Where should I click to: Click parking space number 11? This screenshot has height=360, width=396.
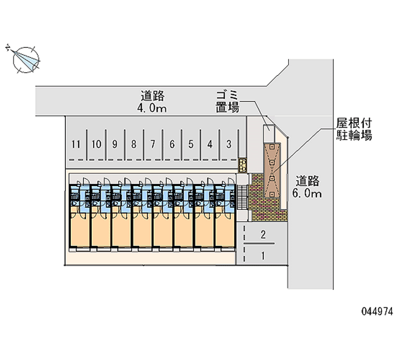click(75, 145)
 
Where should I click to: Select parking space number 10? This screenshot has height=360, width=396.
click(97, 145)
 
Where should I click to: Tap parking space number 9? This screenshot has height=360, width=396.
click(115, 145)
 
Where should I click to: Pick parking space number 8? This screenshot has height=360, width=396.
click(134, 145)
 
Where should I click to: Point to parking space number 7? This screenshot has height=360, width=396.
click(153, 145)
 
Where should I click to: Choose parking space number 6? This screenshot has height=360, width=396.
click(172, 145)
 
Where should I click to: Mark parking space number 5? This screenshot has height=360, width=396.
click(191, 145)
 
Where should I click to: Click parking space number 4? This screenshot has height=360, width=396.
click(210, 145)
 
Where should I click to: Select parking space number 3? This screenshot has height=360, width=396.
click(229, 145)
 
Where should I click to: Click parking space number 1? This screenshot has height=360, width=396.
click(263, 256)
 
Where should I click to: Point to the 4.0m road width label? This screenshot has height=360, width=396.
click(152, 102)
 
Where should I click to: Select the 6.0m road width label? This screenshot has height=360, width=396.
click(307, 187)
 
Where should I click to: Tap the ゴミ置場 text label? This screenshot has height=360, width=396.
click(227, 101)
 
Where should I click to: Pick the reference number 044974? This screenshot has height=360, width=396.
click(377, 312)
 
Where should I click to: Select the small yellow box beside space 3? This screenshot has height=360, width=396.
click(243, 163)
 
